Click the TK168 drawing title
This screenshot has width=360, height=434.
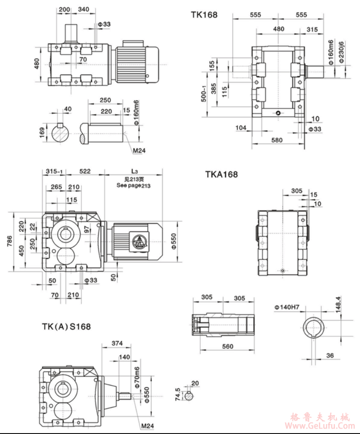click(204, 15)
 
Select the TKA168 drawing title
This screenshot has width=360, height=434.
click(221, 174)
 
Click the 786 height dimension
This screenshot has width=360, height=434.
click(10, 242)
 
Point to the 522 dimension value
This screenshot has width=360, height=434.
click(84, 172)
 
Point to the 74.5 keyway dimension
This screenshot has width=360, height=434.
click(178, 395)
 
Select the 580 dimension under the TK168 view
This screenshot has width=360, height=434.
click(277, 141)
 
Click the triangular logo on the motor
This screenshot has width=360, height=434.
click(138, 241)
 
